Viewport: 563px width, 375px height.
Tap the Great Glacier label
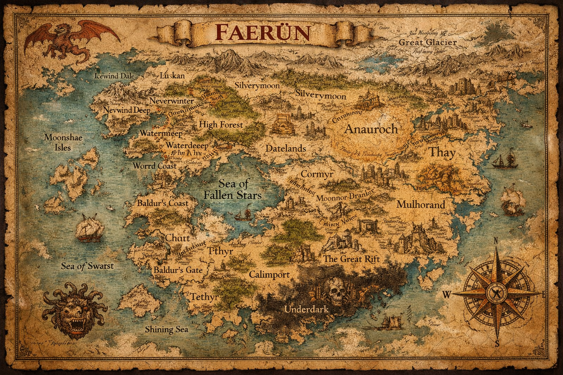427,42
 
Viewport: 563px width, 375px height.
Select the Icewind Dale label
114,77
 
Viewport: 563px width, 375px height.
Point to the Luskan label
172,76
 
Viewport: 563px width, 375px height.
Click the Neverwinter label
172,100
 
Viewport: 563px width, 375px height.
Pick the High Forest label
221,125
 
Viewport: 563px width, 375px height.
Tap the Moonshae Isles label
63,142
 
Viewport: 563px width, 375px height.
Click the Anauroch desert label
371,129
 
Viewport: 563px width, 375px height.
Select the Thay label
442,152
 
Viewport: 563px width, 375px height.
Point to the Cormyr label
317,174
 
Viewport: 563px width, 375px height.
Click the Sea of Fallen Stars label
232,189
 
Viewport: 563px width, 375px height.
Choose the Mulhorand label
420,204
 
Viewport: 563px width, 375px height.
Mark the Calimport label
269,274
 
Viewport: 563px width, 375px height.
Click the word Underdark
306,309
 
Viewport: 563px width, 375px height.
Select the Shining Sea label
166,329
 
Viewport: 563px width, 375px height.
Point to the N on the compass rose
496,241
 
